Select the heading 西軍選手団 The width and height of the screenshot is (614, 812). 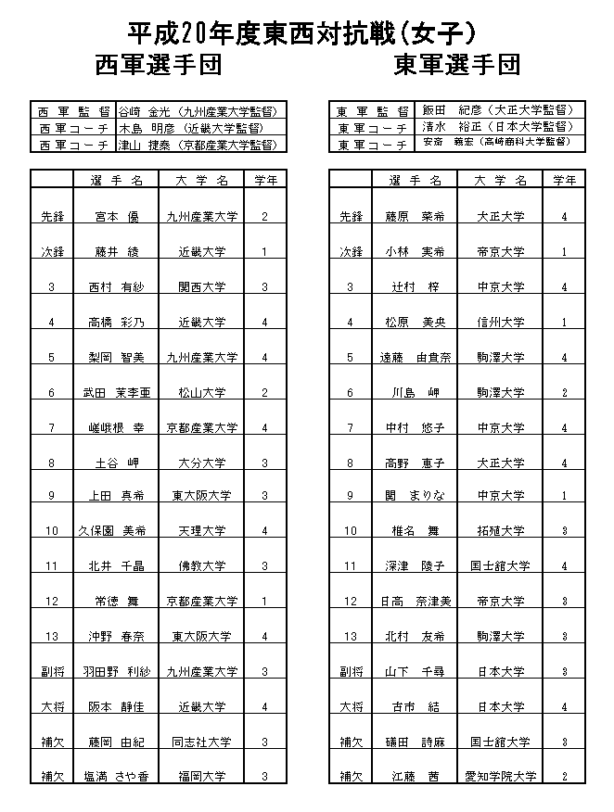coord(158,66)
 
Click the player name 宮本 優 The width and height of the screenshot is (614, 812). coord(117,217)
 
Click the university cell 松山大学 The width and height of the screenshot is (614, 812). coord(201,393)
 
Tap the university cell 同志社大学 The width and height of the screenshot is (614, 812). coord(201,742)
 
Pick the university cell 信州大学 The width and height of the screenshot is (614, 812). coord(501,323)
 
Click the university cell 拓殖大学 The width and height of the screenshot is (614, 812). coord(501,531)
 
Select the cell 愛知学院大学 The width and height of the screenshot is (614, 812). coord(501,776)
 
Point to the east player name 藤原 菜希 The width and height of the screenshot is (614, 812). coord(416,217)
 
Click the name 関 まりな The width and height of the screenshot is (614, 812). coord(416,496)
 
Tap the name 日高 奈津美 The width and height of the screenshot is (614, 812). coord(416,602)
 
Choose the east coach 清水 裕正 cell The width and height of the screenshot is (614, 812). coord(501,127)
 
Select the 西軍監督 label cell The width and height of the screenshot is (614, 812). coord(72,110)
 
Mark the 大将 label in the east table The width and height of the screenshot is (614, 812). coord(351,707)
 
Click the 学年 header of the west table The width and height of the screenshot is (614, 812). coord(265,179)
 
